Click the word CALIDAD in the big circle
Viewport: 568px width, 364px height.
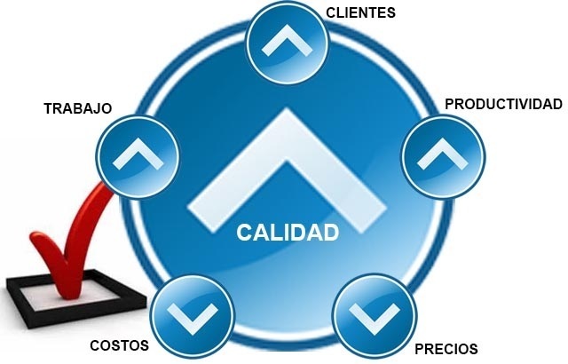click(x=288, y=233)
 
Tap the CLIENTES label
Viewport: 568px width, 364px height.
click(x=360, y=12)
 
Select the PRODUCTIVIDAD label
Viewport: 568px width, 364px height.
click(x=503, y=104)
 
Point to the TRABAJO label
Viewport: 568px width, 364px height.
click(x=77, y=108)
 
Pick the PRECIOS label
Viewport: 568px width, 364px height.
click(x=446, y=348)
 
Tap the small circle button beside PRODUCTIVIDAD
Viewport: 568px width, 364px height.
click(x=444, y=156)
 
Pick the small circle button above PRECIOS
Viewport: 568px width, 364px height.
click(x=374, y=315)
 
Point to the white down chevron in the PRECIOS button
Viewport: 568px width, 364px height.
click(x=374, y=316)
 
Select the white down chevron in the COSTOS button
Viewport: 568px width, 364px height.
click(x=193, y=313)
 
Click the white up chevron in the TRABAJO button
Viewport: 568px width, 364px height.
click(x=137, y=154)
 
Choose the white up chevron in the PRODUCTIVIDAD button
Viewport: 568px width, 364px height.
click(x=444, y=154)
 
